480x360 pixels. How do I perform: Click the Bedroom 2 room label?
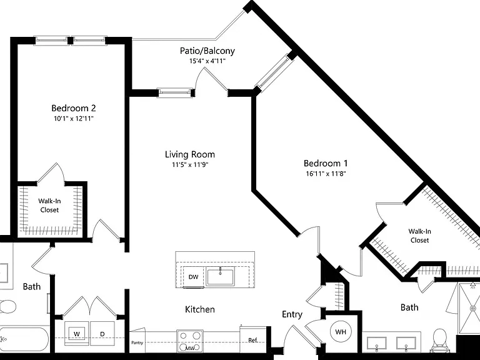click(x=74, y=108)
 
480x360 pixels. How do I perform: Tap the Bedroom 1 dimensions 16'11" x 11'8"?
click(x=326, y=174)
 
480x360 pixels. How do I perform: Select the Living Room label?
click(x=190, y=154)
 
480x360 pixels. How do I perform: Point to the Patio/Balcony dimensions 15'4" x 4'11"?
click(x=207, y=61)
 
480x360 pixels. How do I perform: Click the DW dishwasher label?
click(x=193, y=277)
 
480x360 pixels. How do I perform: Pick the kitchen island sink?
click(x=220, y=276)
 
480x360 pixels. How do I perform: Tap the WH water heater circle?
click(x=341, y=331)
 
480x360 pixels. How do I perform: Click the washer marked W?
click(x=76, y=333)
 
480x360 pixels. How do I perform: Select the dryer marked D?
click(x=102, y=333)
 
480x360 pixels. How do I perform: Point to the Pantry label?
click(x=137, y=342)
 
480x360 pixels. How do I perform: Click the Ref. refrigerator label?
click(x=253, y=340)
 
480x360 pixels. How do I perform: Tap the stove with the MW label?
click(x=190, y=341)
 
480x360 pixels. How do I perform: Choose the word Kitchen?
click(x=200, y=309)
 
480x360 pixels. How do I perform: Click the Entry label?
click(x=292, y=314)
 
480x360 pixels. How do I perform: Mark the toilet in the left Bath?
click(x=7, y=307)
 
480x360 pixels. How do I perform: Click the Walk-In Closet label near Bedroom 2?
click(x=49, y=206)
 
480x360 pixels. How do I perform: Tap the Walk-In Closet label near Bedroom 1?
click(x=419, y=236)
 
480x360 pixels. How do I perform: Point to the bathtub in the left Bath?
click(x=24, y=339)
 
